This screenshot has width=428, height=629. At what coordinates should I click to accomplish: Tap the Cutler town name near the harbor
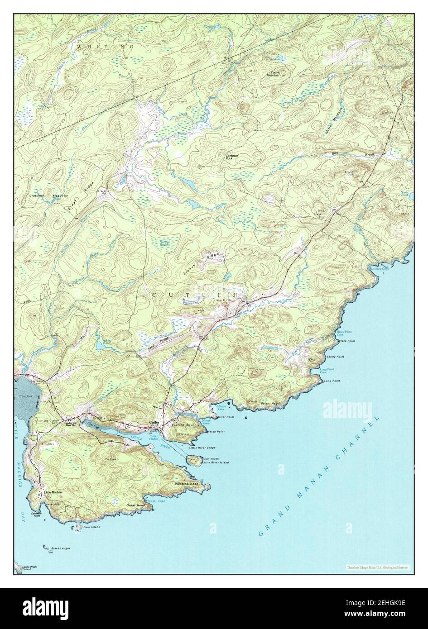(154, 423)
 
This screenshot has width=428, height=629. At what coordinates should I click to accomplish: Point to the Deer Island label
(91, 527)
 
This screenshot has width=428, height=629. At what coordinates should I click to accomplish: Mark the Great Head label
(135, 505)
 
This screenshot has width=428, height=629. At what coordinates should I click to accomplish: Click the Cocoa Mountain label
(275, 74)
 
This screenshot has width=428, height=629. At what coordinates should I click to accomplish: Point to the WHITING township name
(105, 47)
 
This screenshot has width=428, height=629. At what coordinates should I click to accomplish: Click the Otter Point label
(226, 417)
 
